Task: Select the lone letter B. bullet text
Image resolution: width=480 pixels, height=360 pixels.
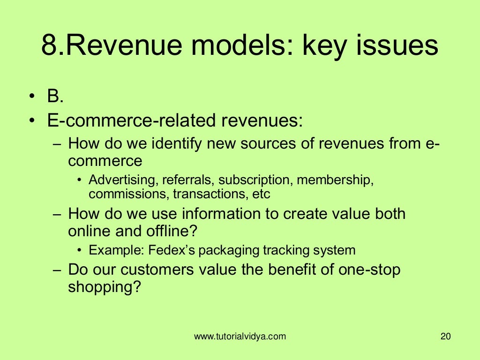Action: pyautogui.click(x=55, y=97)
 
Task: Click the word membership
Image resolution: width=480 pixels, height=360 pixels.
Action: pyautogui.click(x=335, y=180)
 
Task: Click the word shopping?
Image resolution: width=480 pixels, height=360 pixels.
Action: pyautogui.click(x=105, y=287)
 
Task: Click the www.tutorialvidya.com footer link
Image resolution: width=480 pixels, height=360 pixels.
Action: pyautogui.click(x=240, y=336)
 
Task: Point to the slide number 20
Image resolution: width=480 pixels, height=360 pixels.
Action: pyautogui.click(x=445, y=336)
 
